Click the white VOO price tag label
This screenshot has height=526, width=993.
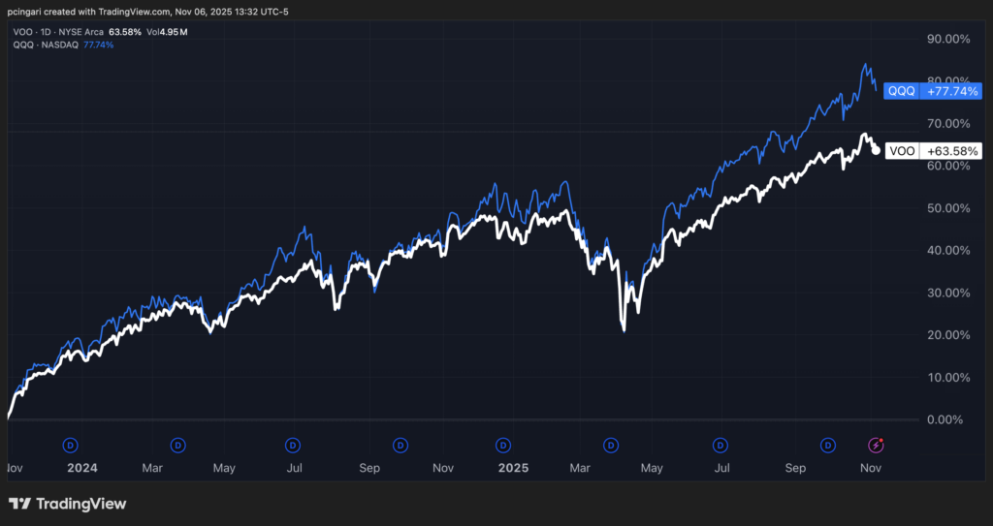click(900, 151)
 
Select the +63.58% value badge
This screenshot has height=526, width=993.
click(947, 151)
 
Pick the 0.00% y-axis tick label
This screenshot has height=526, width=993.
click(946, 419)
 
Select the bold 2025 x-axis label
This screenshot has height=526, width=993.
click(512, 468)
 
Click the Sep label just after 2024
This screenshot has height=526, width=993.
click(368, 468)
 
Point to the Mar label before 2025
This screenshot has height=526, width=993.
click(151, 468)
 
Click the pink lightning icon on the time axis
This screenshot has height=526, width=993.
click(877, 445)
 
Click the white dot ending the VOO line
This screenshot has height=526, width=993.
click(877, 150)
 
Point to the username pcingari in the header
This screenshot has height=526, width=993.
click(30, 10)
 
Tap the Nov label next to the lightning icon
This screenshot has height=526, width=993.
click(870, 468)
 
